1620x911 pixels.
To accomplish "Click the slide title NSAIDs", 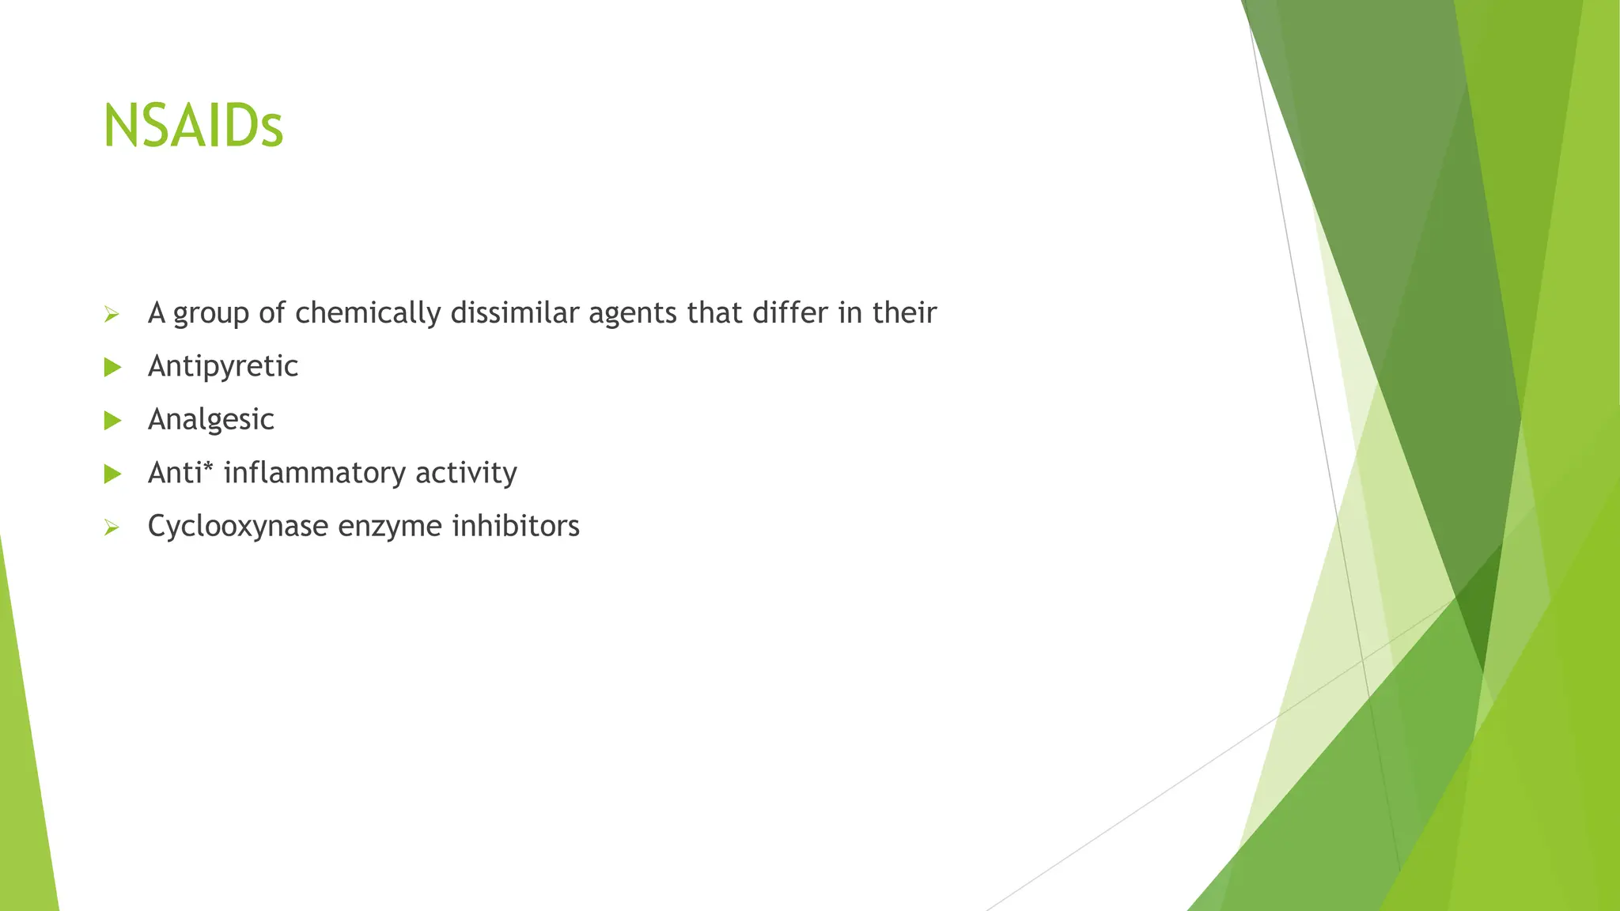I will pos(193,127).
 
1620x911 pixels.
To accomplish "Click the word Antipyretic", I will pos(223,366).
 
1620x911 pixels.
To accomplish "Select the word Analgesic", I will pos(211,419).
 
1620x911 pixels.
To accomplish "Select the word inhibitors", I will pos(516,526).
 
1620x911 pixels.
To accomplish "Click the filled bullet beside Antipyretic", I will pos(112,367).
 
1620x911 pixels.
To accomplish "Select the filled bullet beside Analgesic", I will pos(112,421).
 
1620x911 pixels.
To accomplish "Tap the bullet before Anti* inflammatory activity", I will pos(112,474).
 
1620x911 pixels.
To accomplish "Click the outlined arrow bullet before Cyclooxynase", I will pos(112,527).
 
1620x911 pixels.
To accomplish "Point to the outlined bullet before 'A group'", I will pos(112,315).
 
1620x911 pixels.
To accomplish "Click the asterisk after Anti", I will pos(209,468).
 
